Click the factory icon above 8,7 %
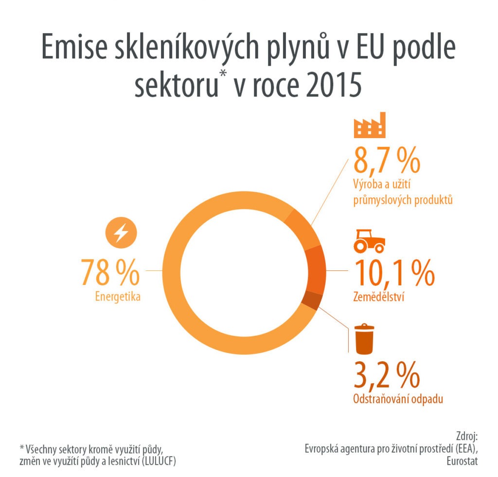[x=368, y=125]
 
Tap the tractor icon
[x=369, y=240]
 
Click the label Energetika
[x=118, y=296]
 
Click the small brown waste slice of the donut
[x=312, y=302]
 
